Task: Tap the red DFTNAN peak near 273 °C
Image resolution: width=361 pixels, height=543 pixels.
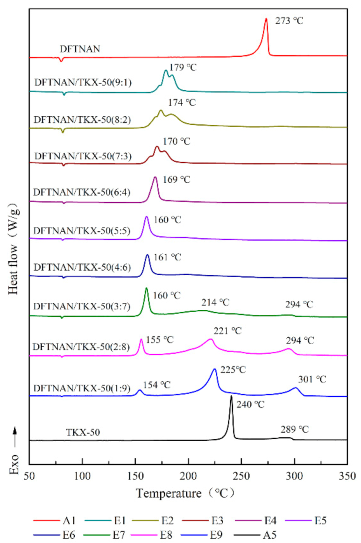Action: point(266,20)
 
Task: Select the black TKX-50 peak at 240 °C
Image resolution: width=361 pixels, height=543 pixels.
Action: point(231,397)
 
